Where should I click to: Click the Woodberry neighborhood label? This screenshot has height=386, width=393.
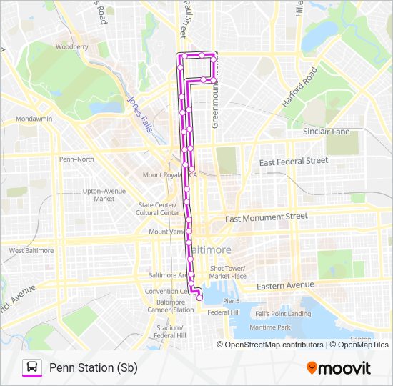coord(71,46)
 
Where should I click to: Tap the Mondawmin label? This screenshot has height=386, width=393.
coord(34,118)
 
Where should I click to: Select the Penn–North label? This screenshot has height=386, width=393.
coord(76,159)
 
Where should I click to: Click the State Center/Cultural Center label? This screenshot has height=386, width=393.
coord(159,209)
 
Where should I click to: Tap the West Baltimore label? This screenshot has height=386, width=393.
coord(31,251)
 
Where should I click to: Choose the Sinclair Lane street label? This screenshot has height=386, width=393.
coord(326,132)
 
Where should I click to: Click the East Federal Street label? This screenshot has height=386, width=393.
coord(293,162)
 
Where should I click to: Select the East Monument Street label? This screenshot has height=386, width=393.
coord(266,217)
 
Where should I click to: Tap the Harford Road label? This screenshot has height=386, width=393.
coord(298,87)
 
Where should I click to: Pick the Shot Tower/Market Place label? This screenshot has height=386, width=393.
coord(228,272)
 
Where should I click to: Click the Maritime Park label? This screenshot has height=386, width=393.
coord(270,327)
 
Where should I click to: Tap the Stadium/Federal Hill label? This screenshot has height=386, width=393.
coord(171,331)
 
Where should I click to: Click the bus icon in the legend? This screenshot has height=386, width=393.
coord(32,367)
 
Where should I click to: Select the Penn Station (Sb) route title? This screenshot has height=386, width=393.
coord(93,367)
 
